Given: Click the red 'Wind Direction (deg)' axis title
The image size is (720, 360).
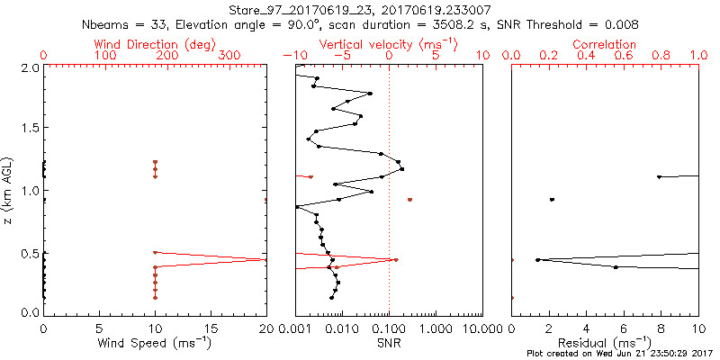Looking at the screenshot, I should point(155,43).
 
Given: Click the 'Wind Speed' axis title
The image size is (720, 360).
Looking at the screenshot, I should point(155,342).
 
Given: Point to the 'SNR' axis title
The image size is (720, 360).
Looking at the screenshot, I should point(389,342).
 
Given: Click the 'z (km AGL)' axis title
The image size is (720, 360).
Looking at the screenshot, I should point(9,190).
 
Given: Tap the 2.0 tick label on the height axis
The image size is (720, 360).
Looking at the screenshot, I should point(29,67).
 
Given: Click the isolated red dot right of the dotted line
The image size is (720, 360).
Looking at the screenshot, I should point(409,200).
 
